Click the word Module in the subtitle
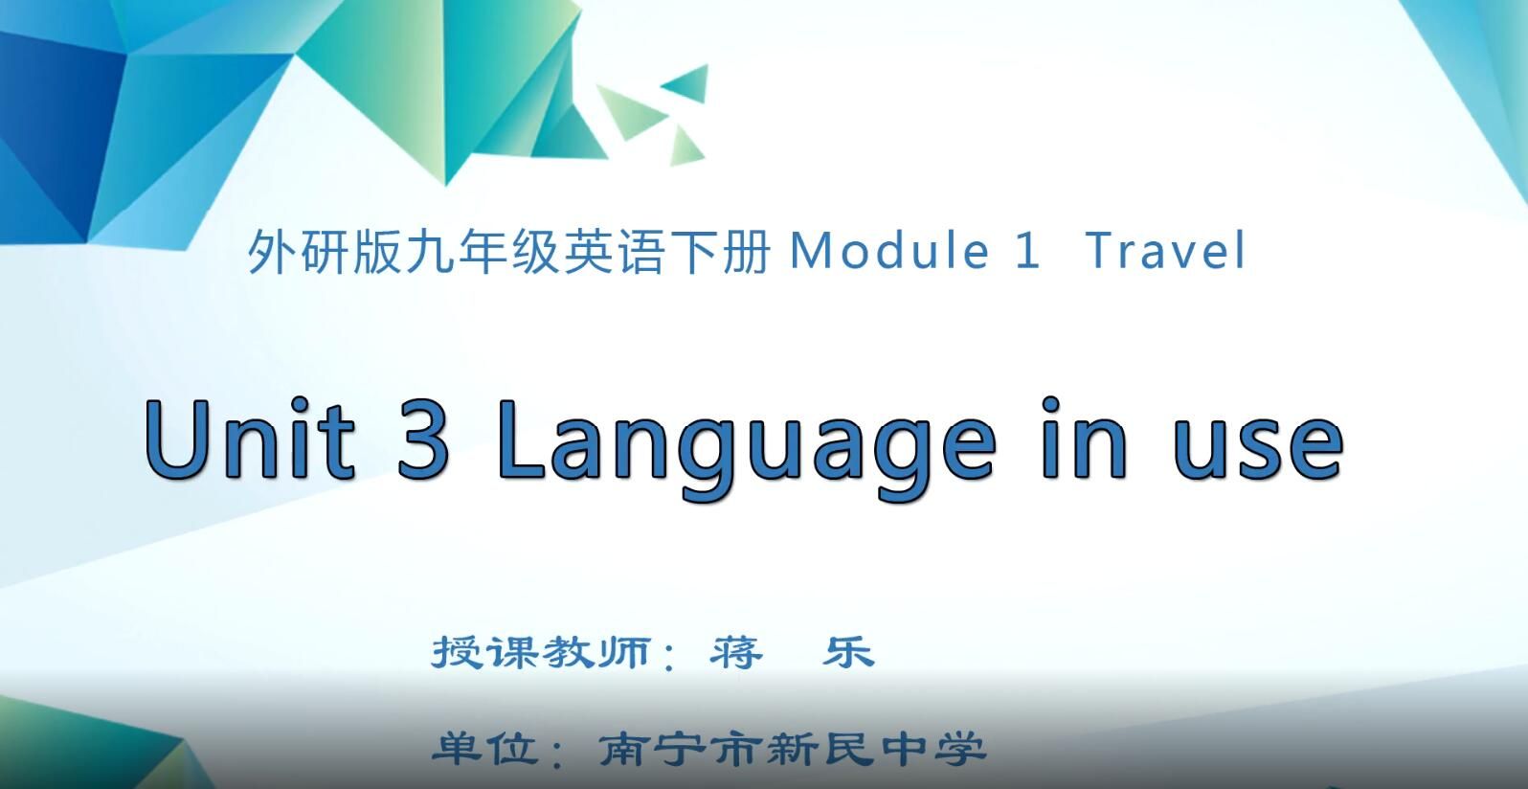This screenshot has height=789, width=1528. pyautogui.click(x=888, y=251)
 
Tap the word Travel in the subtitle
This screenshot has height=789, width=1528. pyautogui.click(x=1166, y=251)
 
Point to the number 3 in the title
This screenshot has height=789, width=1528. pyautogui.click(x=422, y=438)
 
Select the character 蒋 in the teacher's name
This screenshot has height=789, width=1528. pyautogui.click(x=736, y=653)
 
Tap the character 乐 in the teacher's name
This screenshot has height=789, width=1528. pyautogui.click(x=848, y=653)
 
